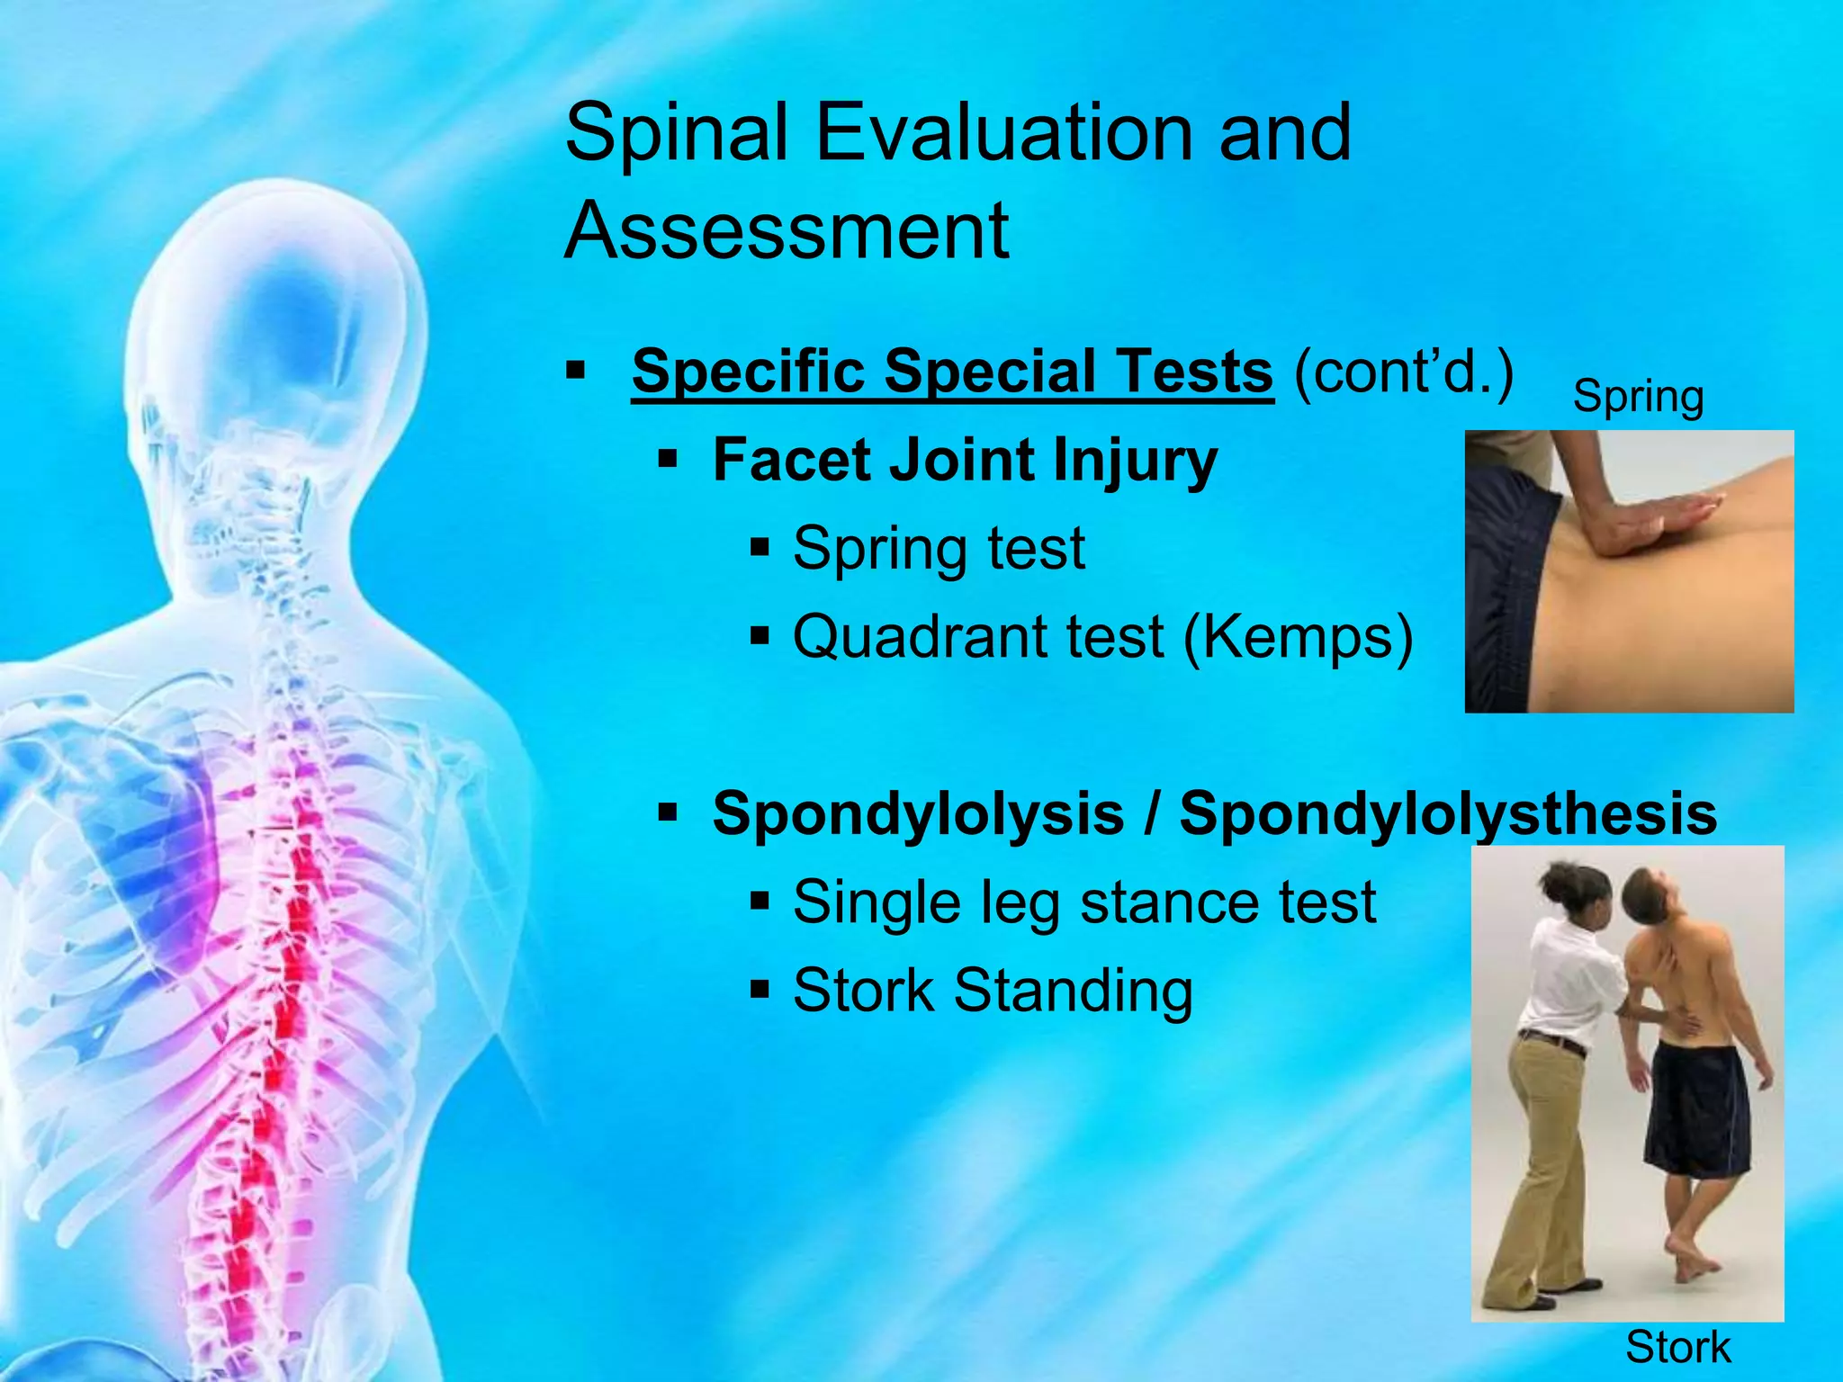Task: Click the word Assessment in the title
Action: click(787, 230)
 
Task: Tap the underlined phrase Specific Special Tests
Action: click(952, 371)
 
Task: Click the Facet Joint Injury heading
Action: click(964, 461)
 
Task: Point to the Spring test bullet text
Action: click(939, 548)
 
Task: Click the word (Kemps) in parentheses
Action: click(1299, 637)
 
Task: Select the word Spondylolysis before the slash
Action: click(917, 813)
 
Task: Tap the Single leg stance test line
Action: click(1083, 902)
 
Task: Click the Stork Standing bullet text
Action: click(993, 990)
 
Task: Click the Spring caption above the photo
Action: click(1638, 396)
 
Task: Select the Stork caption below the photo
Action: click(1677, 1347)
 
